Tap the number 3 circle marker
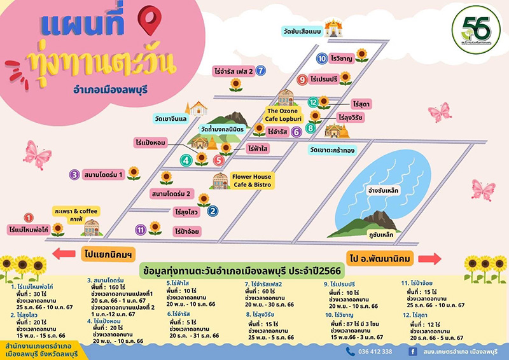click(74, 174)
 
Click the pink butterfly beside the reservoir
click(484, 190)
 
